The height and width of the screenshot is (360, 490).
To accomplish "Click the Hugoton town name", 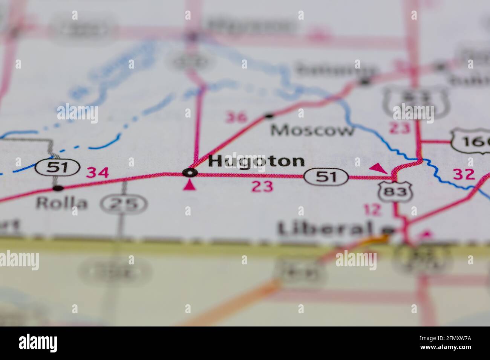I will click(x=256, y=161).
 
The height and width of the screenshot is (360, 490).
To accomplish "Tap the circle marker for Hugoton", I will click(x=190, y=173).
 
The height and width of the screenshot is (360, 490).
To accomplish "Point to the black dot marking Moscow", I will click(x=269, y=116).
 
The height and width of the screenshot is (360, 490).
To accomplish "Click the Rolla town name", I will click(x=61, y=203).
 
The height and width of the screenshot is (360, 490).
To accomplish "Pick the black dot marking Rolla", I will click(x=58, y=188).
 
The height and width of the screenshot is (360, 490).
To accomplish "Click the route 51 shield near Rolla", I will click(x=58, y=167).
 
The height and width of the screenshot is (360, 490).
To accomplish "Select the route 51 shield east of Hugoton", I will click(x=326, y=177).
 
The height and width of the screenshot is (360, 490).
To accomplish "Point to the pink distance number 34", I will click(x=98, y=173).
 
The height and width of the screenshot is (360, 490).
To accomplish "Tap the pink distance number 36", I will click(x=237, y=117).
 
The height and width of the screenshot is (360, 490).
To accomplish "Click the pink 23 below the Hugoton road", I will click(x=262, y=186).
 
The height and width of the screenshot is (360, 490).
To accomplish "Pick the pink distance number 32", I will click(x=464, y=174).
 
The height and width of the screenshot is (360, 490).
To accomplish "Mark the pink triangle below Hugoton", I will click(x=190, y=185).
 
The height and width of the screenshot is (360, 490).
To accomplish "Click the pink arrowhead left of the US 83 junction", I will click(x=378, y=168).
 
